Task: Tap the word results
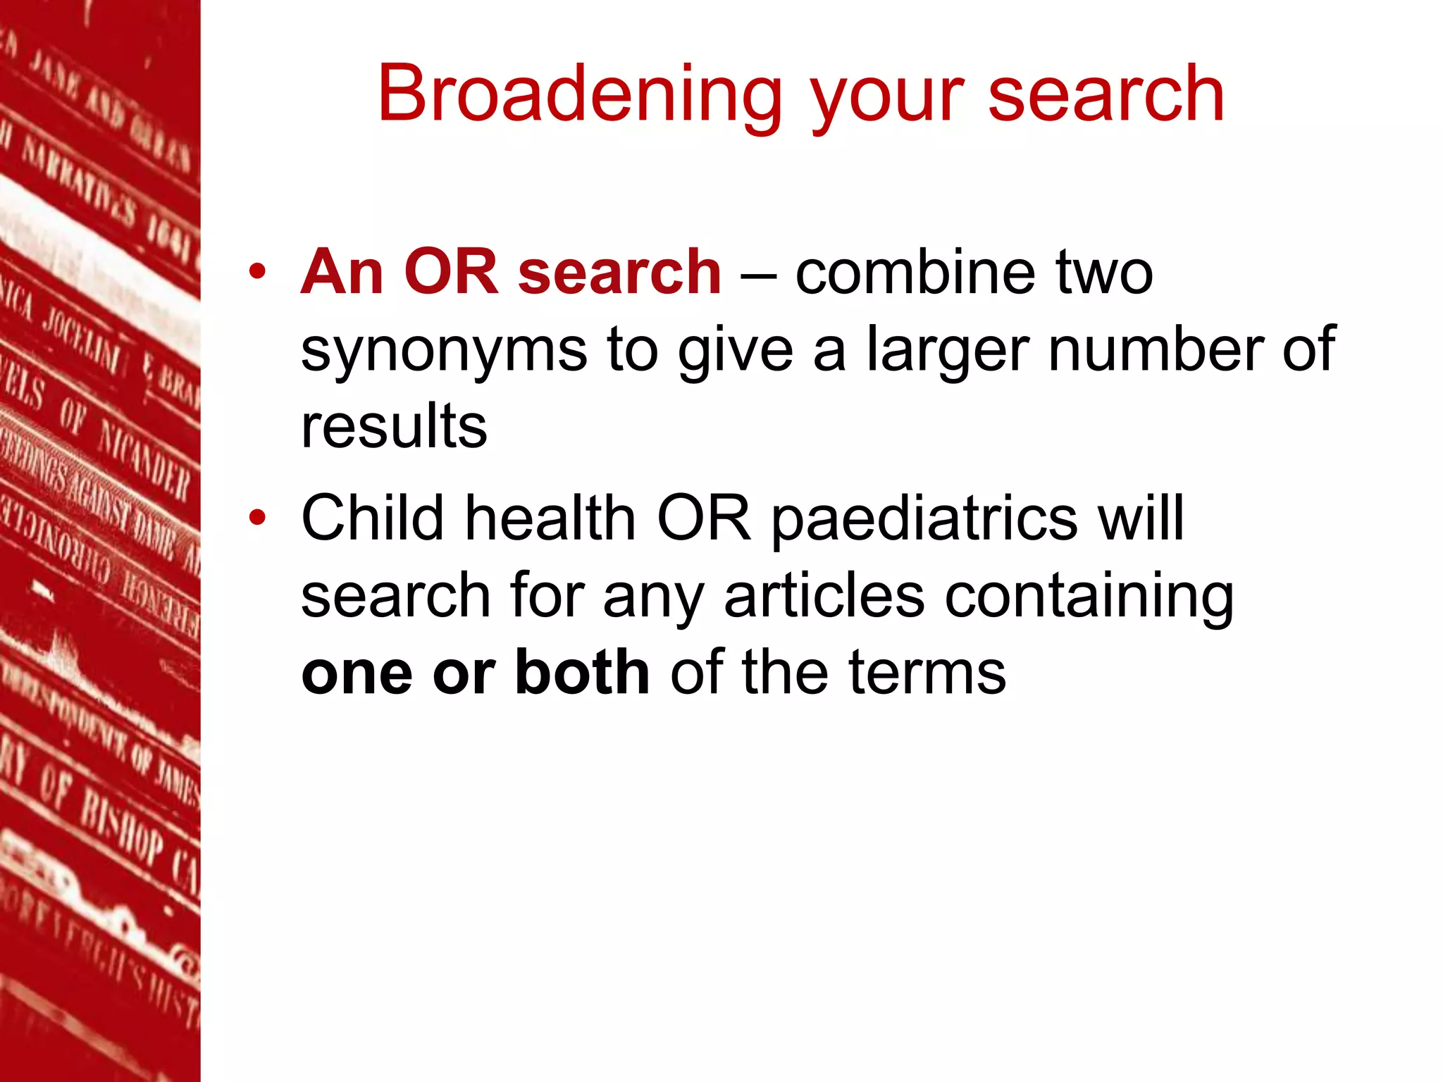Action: pyautogui.click(x=394, y=427)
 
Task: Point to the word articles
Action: pyautogui.click(x=824, y=596)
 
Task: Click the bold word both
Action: pyautogui.click(x=582, y=673)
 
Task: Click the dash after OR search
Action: pyautogui.click(x=758, y=275)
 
